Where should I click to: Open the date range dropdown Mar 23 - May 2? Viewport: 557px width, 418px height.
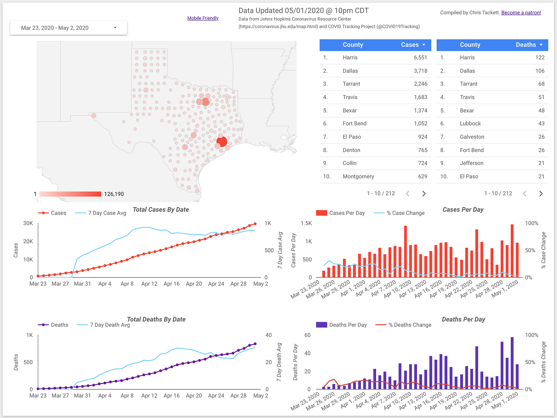(68, 28)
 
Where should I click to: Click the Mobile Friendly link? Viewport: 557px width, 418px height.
(203, 18)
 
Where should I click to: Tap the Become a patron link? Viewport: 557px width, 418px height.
(521, 13)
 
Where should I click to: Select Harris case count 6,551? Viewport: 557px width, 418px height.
(420, 58)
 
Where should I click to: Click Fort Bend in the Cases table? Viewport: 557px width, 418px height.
(354, 123)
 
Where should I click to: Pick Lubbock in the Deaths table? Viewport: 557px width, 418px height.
(470, 123)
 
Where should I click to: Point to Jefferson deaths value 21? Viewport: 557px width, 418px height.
(541, 163)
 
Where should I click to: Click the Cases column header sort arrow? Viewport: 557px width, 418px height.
(424, 45)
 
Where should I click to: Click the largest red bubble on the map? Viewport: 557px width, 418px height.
(222, 141)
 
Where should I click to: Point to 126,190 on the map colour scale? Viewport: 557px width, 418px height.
(114, 194)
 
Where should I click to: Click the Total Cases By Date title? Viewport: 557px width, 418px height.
(161, 210)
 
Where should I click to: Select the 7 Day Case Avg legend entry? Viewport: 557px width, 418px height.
(107, 213)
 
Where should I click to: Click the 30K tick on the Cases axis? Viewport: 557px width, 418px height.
(28, 223)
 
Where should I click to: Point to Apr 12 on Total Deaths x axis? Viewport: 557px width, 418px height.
(149, 395)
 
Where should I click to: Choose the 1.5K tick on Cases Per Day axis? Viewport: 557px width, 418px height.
(306, 223)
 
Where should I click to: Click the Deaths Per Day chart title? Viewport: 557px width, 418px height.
(463, 319)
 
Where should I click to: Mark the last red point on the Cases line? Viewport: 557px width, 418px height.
(255, 224)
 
